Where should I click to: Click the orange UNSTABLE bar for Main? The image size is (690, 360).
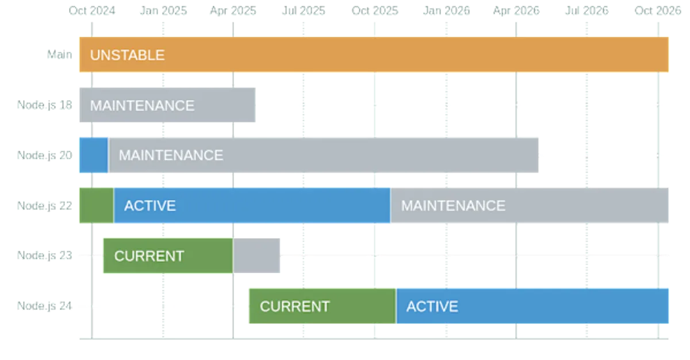(374, 55)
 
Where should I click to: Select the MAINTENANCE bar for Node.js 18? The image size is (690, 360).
(167, 105)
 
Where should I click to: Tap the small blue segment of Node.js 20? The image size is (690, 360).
(93, 155)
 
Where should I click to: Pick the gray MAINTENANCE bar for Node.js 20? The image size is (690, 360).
(324, 155)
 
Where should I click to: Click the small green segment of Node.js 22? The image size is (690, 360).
(96, 205)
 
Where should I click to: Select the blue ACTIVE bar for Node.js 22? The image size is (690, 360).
(252, 205)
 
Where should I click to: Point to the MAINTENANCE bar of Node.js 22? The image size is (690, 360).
(530, 205)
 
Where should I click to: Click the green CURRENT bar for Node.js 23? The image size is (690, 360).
(167, 256)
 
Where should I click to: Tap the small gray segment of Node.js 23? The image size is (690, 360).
(257, 256)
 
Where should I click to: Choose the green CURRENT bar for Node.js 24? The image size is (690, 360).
(322, 306)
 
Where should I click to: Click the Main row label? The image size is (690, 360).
(60, 55)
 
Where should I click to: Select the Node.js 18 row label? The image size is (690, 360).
(44, 105)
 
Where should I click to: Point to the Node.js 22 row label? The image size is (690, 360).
(44, 205)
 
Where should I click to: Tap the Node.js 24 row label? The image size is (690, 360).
(44, 306)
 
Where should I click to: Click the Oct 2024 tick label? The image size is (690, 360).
(91, 11)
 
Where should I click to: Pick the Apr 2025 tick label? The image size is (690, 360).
(232, 11)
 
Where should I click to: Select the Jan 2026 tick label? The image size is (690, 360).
(447, 11)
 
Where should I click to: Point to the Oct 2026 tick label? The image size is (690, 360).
(659, 11)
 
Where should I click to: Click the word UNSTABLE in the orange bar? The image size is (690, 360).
(127, 55)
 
